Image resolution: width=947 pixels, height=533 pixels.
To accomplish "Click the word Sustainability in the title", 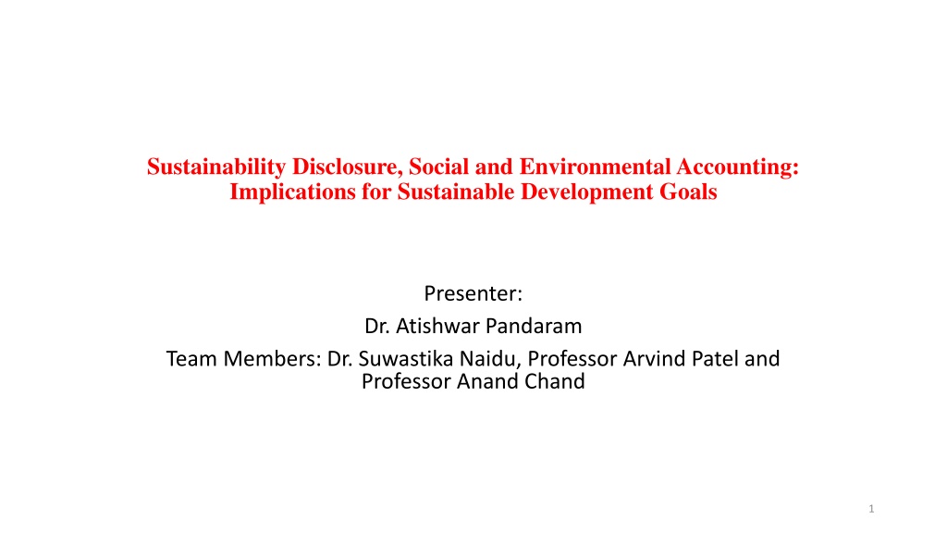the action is pyautogui.click(x=216, y=167).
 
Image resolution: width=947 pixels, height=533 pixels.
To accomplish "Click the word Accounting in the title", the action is pyautogui.click(x=738, y=167).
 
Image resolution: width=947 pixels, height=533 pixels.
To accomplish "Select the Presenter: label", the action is pyautogui.click(x=473, y=293).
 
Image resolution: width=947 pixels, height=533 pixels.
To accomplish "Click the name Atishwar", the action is pyautogui.click(x=437, y=327).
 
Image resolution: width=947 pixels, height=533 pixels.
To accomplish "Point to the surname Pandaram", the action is pyautogui.click(x=534, y=327).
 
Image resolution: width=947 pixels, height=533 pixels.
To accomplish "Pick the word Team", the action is pyautogui.click(x=192, y=359).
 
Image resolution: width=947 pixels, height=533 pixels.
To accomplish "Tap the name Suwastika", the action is pyautogui.click(x=406, y=359).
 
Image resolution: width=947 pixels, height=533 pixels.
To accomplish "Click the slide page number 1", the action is pyautogui.click(x=871, y=509).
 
